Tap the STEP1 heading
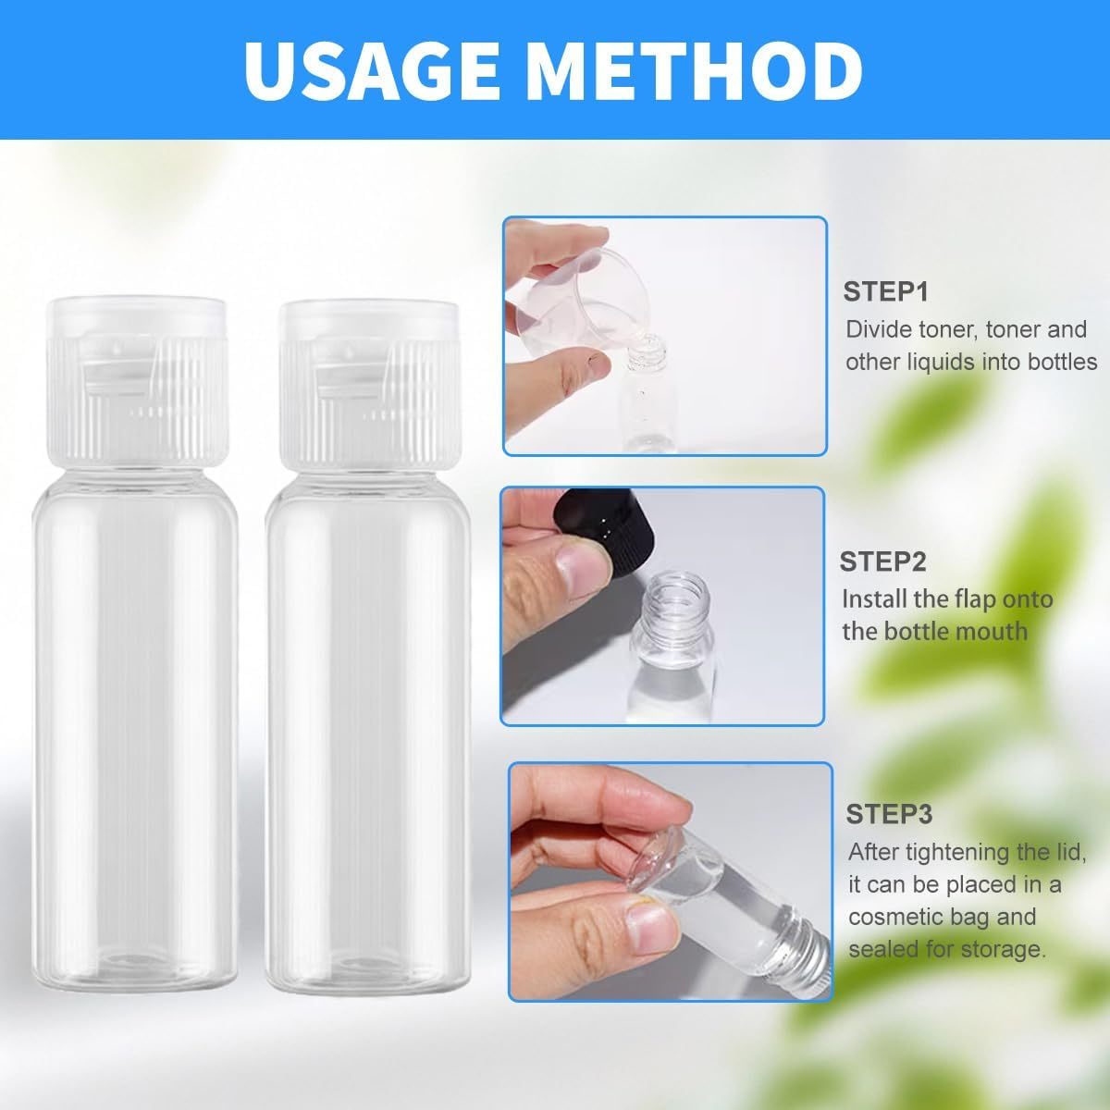coord(885,292)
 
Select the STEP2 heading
coord(882,561)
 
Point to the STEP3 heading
coord(889,815)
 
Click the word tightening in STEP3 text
coord(967,852)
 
